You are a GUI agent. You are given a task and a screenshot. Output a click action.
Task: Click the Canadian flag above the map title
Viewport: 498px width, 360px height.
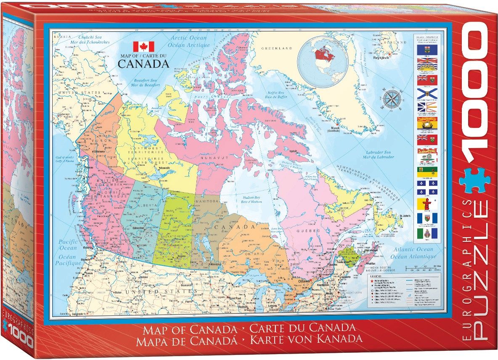click(143, 47)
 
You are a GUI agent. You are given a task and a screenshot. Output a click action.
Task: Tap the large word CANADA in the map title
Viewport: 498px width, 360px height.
click(143, 64)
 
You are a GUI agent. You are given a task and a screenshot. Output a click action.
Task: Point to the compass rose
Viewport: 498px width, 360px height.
click(391, 100)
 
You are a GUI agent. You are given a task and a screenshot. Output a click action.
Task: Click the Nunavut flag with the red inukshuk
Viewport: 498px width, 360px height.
click(427, 204)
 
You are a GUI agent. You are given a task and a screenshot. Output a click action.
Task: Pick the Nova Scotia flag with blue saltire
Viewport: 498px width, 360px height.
click(427, 93)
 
